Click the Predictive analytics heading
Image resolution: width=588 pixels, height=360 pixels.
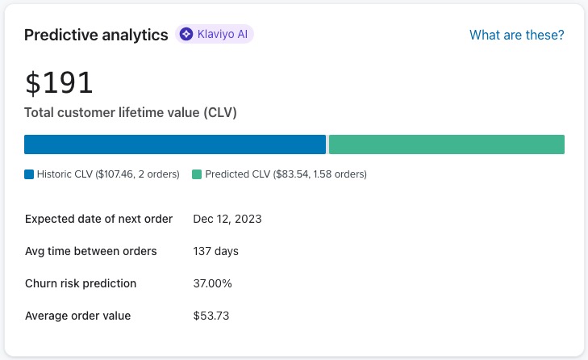click(x=96, y=35)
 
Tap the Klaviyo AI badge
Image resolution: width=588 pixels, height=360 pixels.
click(x=215, y=34)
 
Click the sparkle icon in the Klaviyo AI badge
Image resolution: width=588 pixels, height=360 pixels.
click(x=186, y=34)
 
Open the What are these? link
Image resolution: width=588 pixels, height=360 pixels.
click(x=516, y=35)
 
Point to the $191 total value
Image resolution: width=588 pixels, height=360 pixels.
click(x=59, y=82)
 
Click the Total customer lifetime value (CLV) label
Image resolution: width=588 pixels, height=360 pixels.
click(x=130, y=112)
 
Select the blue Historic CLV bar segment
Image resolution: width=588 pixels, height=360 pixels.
click(x=174, y=144)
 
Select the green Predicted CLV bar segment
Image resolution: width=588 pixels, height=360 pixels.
click(x=446, y=144)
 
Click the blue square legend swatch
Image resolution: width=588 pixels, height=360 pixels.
click(x=29, y=174)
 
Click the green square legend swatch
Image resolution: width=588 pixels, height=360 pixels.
click(x=197, y=174)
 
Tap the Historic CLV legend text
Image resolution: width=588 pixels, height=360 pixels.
click(x=108, y=174)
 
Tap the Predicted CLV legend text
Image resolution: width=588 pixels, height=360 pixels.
click(x=286, y=174)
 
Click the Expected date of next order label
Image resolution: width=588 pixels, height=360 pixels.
click(x=98, y=219)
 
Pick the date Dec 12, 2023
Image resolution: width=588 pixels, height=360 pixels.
click(x=227, y=219)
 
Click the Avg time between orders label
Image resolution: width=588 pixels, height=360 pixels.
click(x=90, y=251)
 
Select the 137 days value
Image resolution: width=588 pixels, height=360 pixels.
click(x=215, y=251)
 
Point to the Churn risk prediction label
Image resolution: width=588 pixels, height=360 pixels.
click(x=81, y=283)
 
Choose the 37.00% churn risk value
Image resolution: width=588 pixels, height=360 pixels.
click(x=212, y=283)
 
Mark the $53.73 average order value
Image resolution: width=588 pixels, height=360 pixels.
click(x=211, y=316)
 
